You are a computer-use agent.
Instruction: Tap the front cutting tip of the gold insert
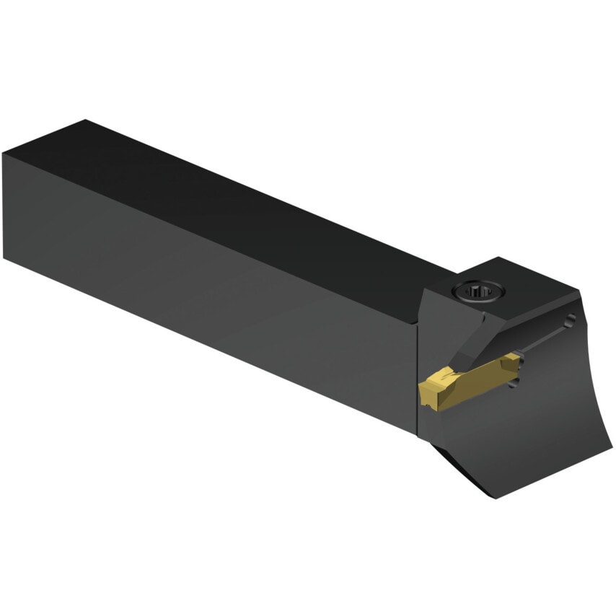[x=425, y=393]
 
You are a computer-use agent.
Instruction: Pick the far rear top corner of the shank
[x=86, y=121]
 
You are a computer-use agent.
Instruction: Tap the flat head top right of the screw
[x=534, y=285]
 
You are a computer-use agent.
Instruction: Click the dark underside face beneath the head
[x=462, y=462]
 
